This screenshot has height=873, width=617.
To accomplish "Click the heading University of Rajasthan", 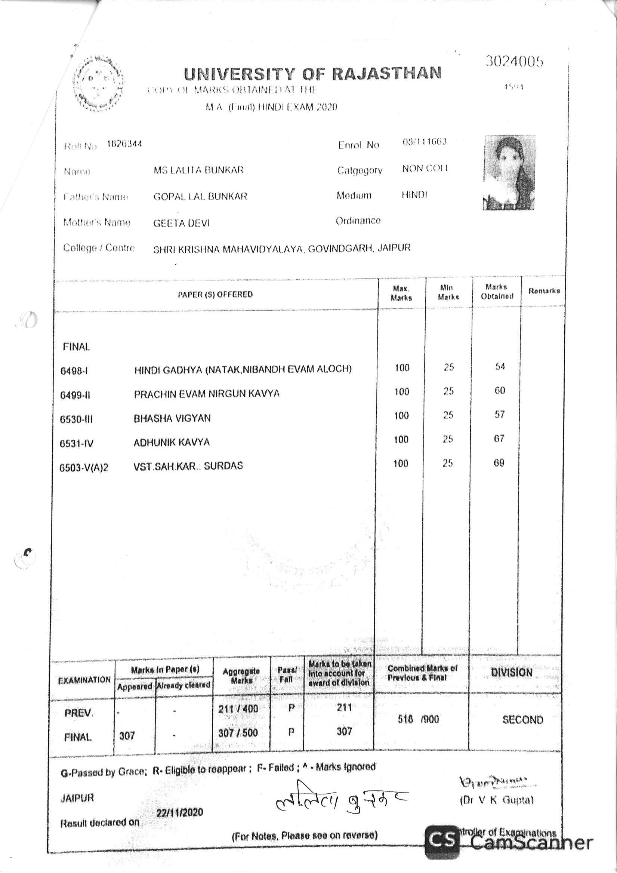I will click(x=313, y=74).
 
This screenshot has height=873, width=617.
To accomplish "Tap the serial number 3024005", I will click(x=514, y=61).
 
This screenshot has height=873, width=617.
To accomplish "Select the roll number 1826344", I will click(x=124, y=144).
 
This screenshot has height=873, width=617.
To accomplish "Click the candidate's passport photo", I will click(x=509, y=173).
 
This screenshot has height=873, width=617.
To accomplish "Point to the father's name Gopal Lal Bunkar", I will click(x=200, y=197).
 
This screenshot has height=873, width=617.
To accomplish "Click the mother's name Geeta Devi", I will click(x=181, y=223).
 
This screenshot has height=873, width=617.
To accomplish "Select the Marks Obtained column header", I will click(x=497, y=292).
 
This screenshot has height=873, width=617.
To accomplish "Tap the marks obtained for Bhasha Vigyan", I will click(x=499, y=415).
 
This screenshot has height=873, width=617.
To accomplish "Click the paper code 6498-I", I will click(x=74, y=371).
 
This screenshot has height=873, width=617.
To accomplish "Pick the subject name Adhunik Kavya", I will click(x=172, y=442).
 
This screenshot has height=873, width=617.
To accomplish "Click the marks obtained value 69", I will click(x=499, y=463).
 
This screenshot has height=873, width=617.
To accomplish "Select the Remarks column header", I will click(x=544, y=291).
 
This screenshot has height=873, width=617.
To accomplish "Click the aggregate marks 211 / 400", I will click(x=238, y=709).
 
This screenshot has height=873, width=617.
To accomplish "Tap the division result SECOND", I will click(x=523, y=720).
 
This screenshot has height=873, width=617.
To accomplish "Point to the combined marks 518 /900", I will click(x=418, y=719).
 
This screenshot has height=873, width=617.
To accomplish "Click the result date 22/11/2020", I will click(x=180, y=812).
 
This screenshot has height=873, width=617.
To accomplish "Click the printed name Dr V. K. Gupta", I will click(x=497, y=800).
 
